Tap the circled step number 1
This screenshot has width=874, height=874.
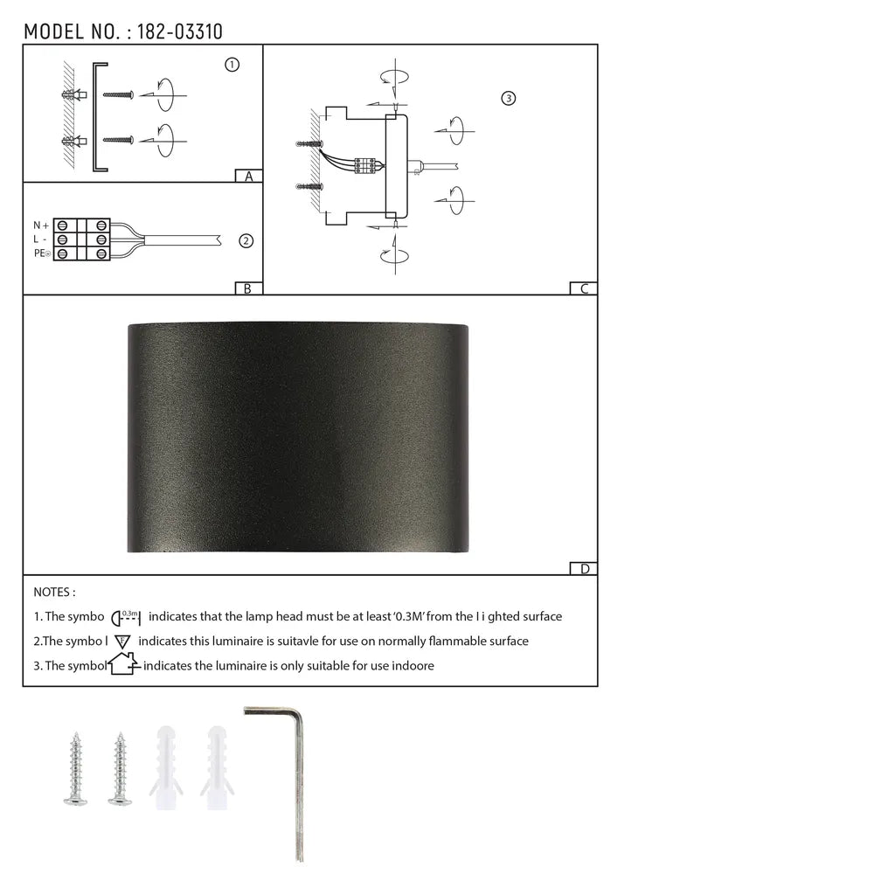coord(232,65)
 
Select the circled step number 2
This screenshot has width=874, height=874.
coord(246,241)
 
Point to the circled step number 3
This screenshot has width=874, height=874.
coord(509,98)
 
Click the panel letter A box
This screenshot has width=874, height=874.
coord(249,176)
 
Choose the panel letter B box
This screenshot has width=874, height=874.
coord(248,288)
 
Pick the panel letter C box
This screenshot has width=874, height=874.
coord(584,288)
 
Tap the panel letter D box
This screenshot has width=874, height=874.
coord(584,569)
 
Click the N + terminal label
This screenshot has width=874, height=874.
coord(40,225)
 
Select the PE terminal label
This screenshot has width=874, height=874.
coord(41,253)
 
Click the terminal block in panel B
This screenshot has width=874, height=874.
coord(82,239)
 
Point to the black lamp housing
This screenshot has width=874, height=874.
coord(298,437)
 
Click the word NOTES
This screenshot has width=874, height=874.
coord(54,592)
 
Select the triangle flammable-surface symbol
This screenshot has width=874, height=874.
coord(122,641)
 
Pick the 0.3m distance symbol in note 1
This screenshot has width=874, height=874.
coord(128,616)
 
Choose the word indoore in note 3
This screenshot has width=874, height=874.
coord(412,666)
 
